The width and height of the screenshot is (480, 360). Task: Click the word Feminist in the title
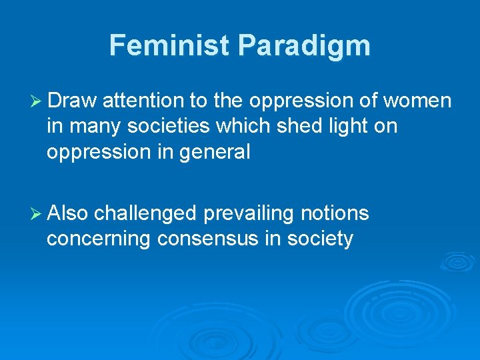pyautogui.click(x=171, y=46)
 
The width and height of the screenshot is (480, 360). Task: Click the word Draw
pyautogui.click(x=73, y=101)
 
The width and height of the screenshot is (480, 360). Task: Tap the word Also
pyautogui.click(x=68, y=213)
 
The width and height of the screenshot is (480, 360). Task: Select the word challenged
pyautogui.click(x=145, y=213)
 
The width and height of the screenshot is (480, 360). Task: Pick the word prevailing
pyautogui.click(x=251, y=213)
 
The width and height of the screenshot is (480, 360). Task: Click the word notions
pyautogui.click(x=336, y=213)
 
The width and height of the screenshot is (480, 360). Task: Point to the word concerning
pyautogui.click(x=99, y=239)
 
